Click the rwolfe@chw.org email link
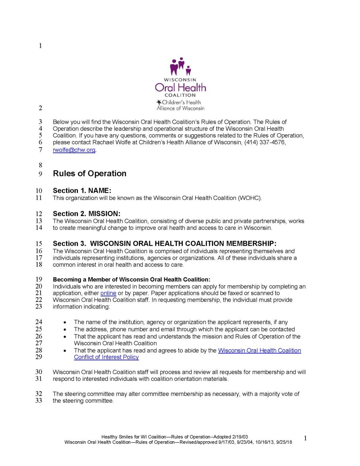[x=74, y=150]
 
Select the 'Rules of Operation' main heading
[x=90, y=174]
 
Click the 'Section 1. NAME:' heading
[x=82, y=191]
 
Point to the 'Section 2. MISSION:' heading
[x=86, y=214]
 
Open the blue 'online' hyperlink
[x=108, y=293]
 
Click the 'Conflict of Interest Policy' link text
[x=106, y=357]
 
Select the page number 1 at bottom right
[x=305, y=439]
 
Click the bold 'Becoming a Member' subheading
[x=131, y=279]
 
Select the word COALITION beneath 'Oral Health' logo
[x=180, y=95]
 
